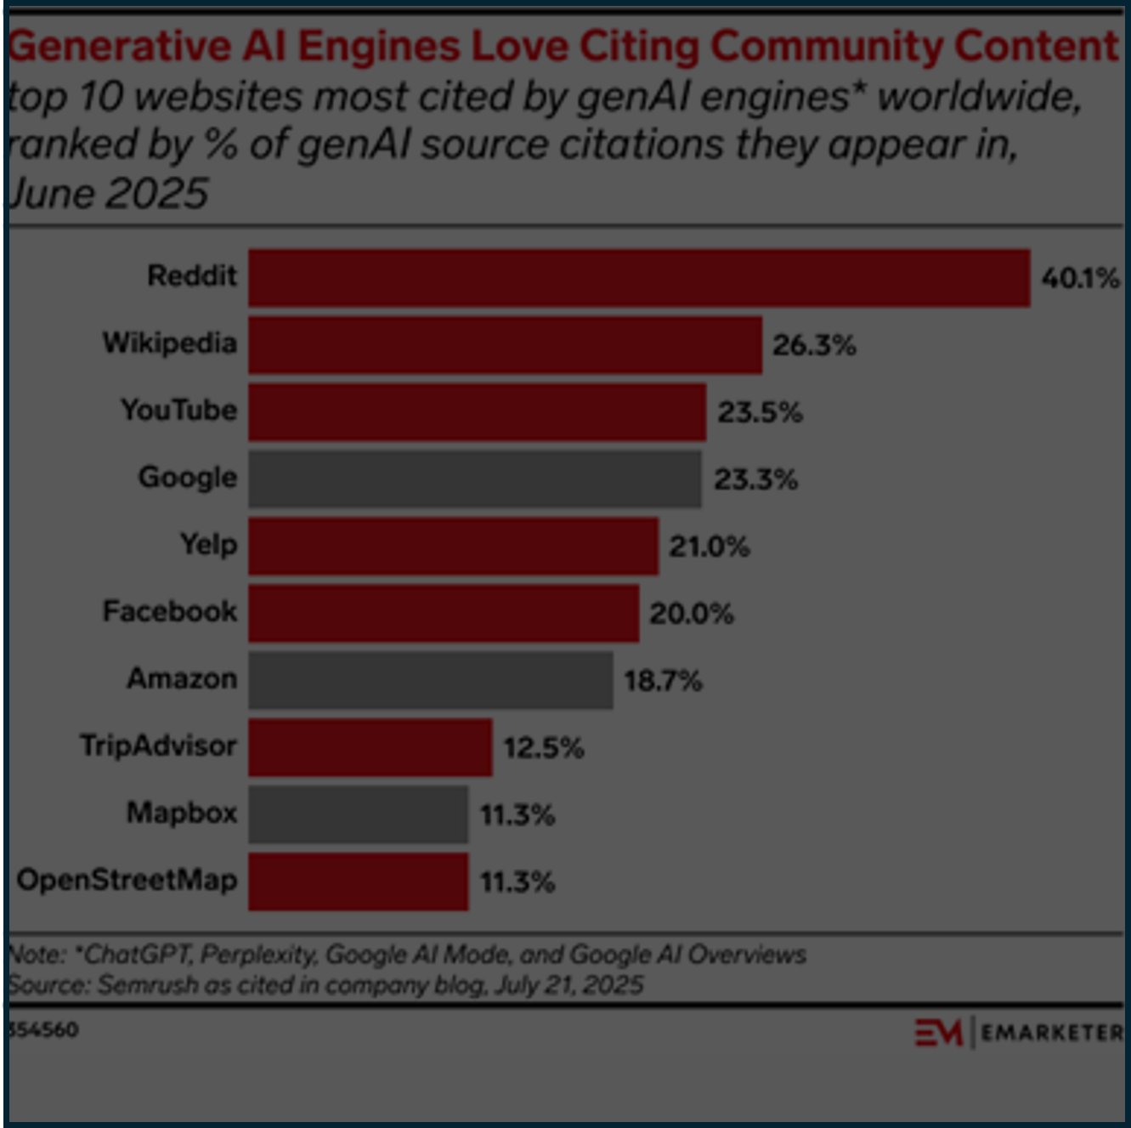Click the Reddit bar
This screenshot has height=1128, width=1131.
coord(639,278)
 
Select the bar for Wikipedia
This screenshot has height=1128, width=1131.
coord(505,345)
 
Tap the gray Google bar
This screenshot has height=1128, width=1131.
coord(475,479)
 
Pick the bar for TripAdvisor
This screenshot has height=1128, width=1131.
coord(370,747)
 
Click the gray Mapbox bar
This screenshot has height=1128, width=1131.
coord(358,814)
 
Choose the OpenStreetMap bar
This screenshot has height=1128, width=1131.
coord(358,881)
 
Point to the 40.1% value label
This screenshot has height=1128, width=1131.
coord(1080,278)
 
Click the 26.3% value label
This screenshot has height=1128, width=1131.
coord(814,345)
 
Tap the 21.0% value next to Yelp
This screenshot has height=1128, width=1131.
coord(709,547)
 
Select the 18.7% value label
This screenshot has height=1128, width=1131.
coord(663,681)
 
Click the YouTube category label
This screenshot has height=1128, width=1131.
coord(178,411)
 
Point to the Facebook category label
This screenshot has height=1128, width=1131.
coord(170,612)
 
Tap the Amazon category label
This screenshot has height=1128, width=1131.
coord(182,679)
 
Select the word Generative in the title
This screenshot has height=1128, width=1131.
coord(119,47)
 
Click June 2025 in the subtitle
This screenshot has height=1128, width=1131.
coord(107,194)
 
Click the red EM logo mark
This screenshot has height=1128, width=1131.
coord(938,1032)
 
